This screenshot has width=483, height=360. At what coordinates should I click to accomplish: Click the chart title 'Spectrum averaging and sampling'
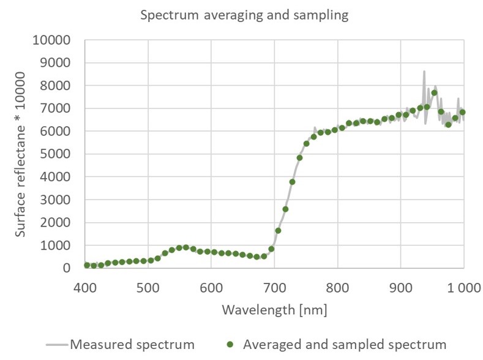click(244, 16)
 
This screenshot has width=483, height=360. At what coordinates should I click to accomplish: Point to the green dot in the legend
click(230, 344)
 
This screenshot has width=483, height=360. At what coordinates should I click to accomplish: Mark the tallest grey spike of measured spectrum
click(424, 72)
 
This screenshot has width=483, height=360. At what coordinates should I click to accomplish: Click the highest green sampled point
click(434, 93)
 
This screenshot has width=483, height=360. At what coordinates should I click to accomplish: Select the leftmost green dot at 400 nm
click(86, 265)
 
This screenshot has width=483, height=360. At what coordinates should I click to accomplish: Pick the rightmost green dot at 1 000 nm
click(462, 112)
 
